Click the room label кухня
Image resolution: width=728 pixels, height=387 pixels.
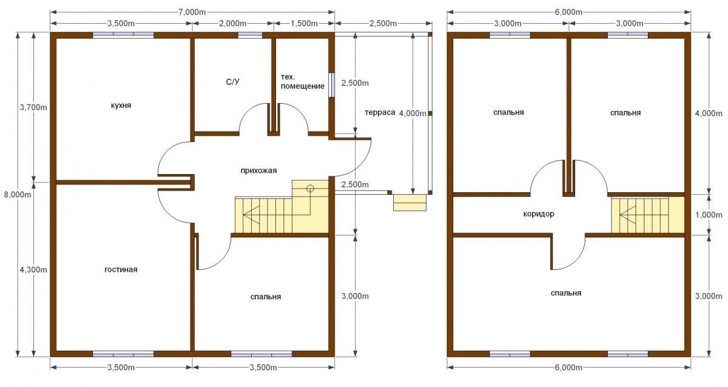click(121, 106)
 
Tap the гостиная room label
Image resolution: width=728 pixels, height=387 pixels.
click(121, 269)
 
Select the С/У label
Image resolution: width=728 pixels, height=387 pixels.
click(233, 82)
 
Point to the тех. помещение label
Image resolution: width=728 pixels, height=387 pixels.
click(303, 81)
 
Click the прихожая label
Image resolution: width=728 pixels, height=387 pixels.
click(258, 170)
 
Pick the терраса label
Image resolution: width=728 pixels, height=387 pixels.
click(380, 112)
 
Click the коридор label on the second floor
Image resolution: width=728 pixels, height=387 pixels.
click(539, 214)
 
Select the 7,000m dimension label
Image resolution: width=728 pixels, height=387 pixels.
click(192, 12)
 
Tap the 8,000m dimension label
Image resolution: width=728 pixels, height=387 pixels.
click(18, 195)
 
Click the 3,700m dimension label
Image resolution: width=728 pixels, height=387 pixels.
click(33, 107)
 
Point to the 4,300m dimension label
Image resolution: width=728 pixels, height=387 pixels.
click(33, 270)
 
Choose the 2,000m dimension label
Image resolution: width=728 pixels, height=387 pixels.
click(233, 24)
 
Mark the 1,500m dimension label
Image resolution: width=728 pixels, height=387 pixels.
click(304, 24)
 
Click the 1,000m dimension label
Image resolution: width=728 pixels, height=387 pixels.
click(709, 215)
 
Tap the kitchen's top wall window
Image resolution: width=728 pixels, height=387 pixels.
click(123, 35)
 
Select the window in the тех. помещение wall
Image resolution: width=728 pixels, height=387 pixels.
click(331, 85)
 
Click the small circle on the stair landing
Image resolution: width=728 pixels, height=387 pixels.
click(311, 188)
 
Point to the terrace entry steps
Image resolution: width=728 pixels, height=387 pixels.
click(409, 203)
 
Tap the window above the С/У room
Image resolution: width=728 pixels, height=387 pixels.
click(250, 35)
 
